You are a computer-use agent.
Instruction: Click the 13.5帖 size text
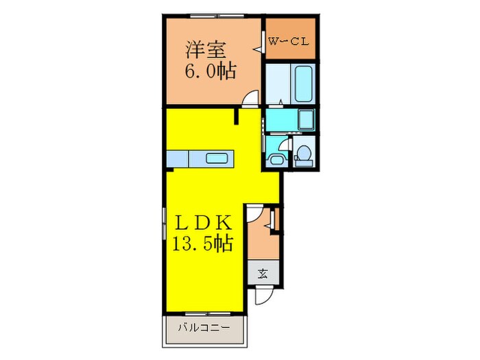[203, 243]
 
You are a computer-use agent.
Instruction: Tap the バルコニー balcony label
[204, 327]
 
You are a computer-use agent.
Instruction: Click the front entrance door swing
[263, 296]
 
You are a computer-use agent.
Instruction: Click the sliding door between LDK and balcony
[203, 312]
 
